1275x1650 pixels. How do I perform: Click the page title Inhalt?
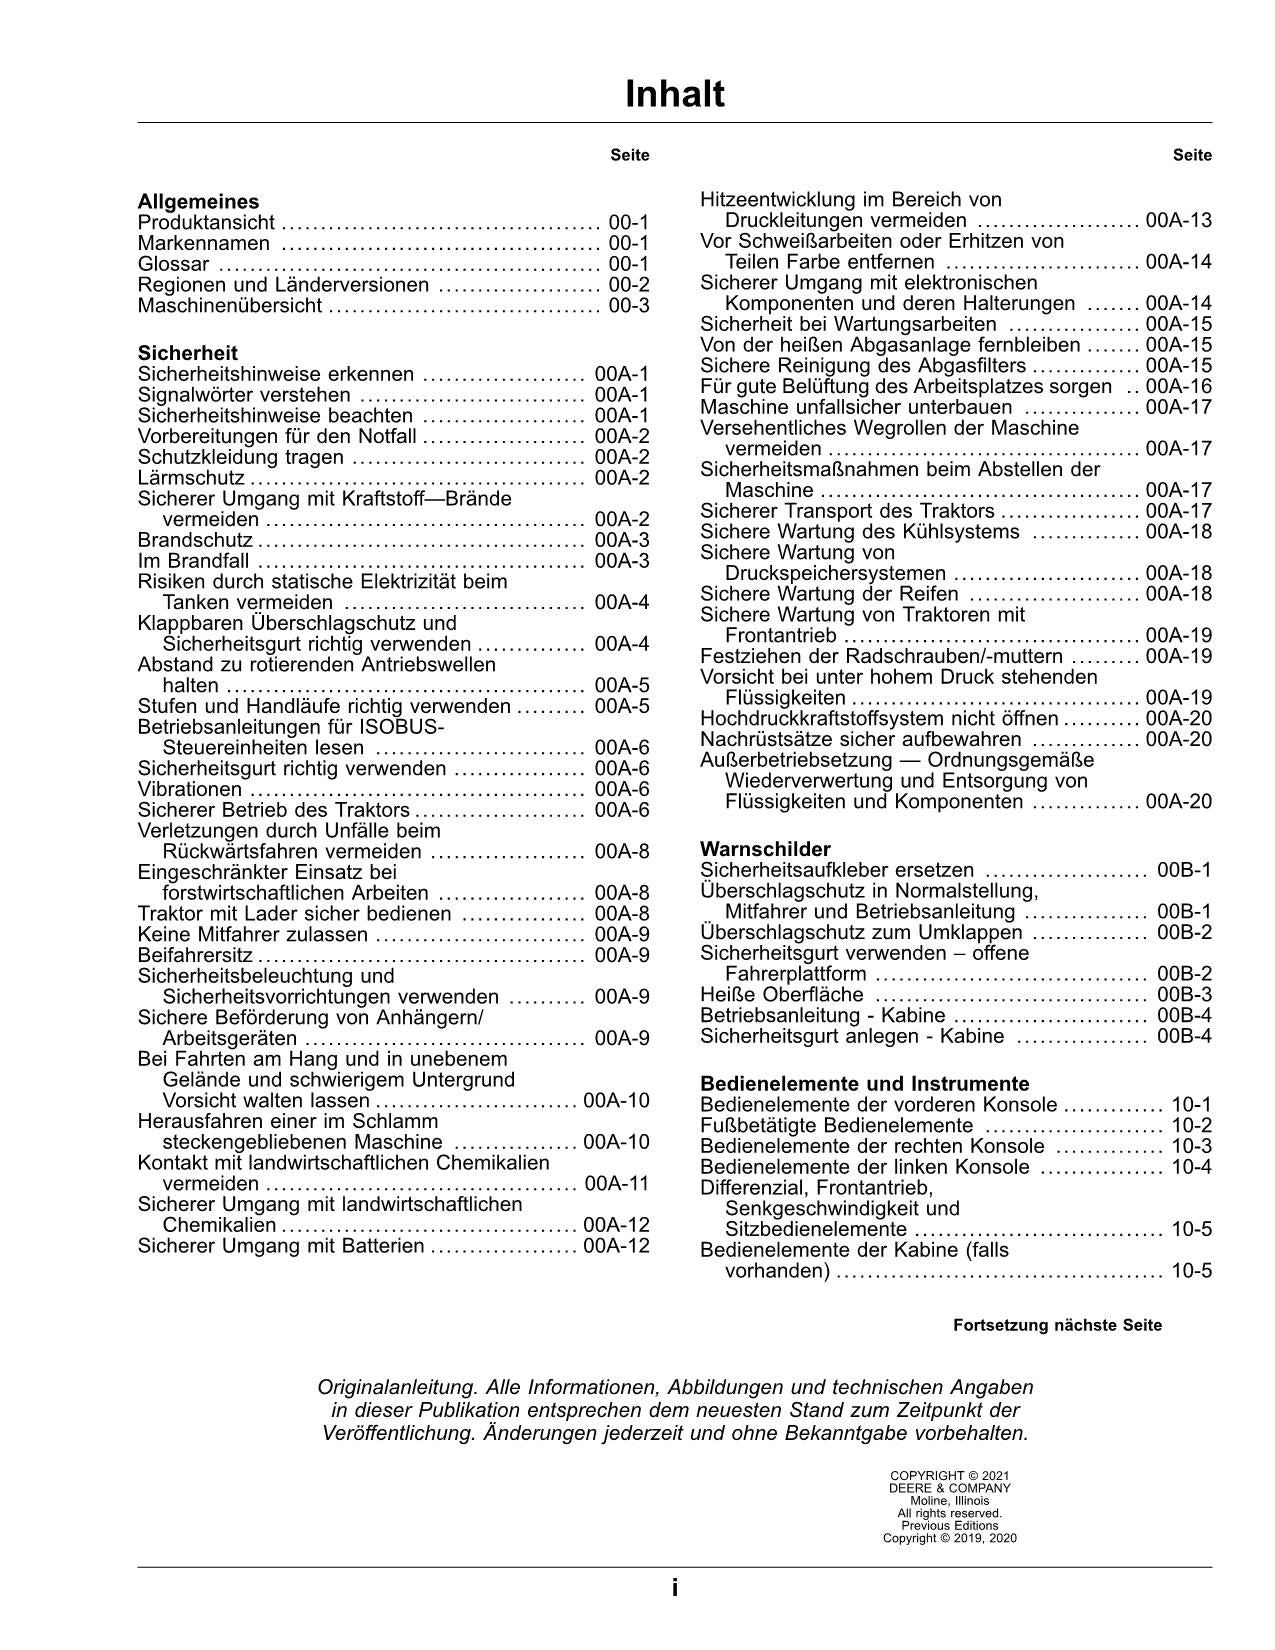coord(674,95)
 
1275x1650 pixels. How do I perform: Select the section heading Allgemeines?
coord(198,202)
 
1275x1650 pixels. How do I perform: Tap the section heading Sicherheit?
coord(188,353)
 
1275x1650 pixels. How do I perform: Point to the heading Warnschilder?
coord(765,849)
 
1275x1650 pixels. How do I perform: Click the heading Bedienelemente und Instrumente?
coord(864,1084)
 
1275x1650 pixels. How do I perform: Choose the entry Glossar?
coord(174,264)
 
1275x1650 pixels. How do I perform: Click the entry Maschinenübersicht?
coord(230,306)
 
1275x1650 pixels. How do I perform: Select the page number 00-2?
coord(629,285)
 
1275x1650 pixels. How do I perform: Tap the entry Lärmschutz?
coord(190,478)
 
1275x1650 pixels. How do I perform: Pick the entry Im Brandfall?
coord(194,561)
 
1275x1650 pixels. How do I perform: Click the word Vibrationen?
coord(190,789)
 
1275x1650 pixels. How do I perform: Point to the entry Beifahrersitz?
coord(195,956)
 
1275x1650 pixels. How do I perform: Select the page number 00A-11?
coord(616,1184)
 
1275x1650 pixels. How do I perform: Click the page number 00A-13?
coord(1178,221)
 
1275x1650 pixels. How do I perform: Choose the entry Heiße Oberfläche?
coord(782,995)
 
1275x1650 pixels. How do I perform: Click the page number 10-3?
coord(1191,1146)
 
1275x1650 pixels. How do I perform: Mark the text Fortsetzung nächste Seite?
coord(1057,1326)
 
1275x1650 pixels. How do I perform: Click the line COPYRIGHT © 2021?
coord(949,1475)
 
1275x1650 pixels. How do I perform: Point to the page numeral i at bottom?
coord(675,1588)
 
